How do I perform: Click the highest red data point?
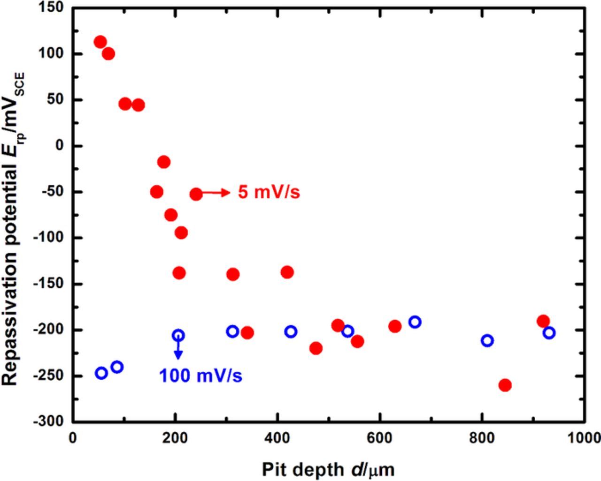click(100, 42)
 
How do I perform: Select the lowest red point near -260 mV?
click(505, 385)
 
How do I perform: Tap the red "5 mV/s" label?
click(269, 192)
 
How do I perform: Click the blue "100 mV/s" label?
click(200, 376)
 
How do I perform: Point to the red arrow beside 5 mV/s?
click(216, 192)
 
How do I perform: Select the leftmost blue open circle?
click(101, 373)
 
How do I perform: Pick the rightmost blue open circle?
click(549, 333)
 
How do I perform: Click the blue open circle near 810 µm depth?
click(487, 340)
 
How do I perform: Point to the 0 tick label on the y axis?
click(59, 146)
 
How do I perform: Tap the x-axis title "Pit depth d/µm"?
click(328, 469)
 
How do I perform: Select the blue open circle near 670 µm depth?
click(415, 322)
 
